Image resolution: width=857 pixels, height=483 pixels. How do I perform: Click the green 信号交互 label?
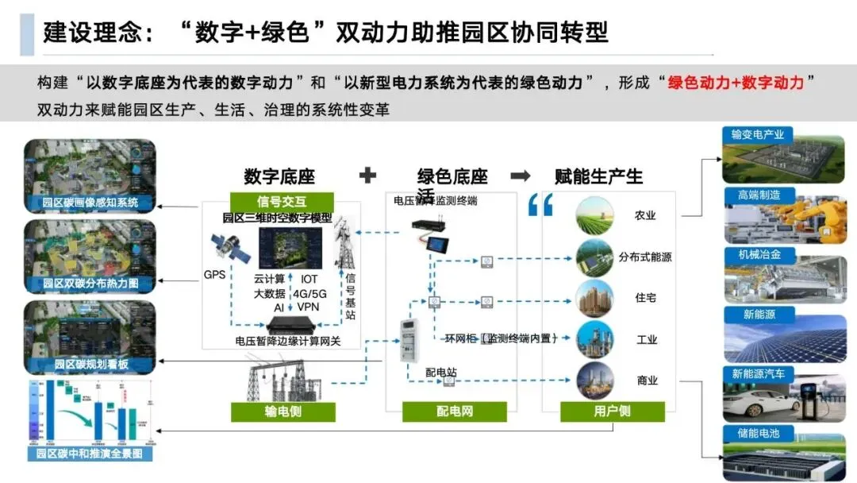tap(282, 201)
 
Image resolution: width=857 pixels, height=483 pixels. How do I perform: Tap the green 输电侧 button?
tap(283, 412)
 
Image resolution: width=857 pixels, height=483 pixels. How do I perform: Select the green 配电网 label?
tap(454, 412)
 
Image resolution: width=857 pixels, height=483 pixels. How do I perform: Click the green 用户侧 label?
tap(612, 412)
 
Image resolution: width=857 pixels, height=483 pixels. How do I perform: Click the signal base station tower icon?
tap(344, 242)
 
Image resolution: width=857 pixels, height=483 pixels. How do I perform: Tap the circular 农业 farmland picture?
tap(594, 214)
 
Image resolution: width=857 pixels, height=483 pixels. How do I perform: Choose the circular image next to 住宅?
tap(594, 299)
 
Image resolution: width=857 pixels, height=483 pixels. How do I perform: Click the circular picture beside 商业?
tap(594, 381)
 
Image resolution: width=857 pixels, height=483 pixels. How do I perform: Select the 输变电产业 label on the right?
tap(758, 135)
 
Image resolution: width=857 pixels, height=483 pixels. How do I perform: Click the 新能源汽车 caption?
tap(758, 373)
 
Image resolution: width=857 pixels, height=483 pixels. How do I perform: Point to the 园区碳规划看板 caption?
tap(90, 365)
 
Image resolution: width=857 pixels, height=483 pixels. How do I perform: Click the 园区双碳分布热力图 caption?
tap(90, 284)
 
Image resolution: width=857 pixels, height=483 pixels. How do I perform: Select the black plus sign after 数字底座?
tap(367, 176)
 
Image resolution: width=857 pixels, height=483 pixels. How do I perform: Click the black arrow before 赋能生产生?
tap(521, 176)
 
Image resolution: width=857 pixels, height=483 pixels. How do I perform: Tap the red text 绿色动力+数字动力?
tap(736, 83)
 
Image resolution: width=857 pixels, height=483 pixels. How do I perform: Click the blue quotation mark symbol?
tap(540, 206)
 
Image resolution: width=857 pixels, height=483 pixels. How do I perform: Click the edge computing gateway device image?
tap(292, 325)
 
